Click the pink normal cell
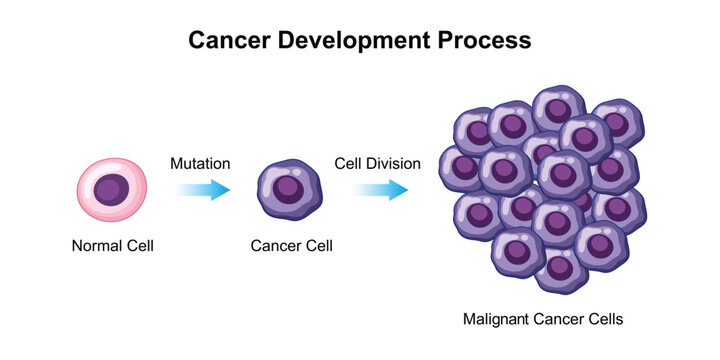tap(112, 189)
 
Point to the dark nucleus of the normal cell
tap(112, 188)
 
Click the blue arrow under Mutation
tap(202, 190)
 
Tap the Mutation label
tap(200, 162)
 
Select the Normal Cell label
tap(112, 245)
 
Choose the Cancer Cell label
tap(292, 245)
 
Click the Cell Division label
tap(377, 162)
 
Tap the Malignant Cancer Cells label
tap(543, 320)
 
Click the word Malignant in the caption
tap(495, 320)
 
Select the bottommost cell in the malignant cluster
tap(559, 267)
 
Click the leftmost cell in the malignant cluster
tap(461, 168)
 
